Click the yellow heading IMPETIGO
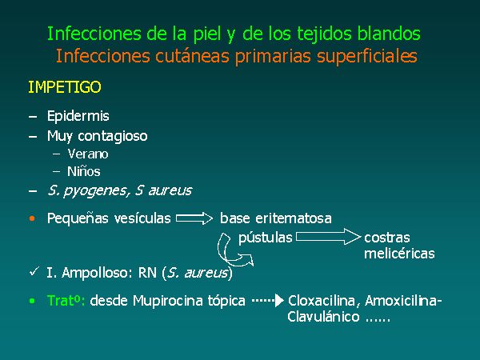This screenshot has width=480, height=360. [65, 87]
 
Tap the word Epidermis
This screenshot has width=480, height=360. [78, 116]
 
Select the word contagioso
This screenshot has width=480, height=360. [112, 136]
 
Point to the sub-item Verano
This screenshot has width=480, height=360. [88, 154]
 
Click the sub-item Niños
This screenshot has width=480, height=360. [84, 171]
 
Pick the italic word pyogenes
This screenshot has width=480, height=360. [94, 191]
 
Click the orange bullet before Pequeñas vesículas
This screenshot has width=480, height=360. [32, 218]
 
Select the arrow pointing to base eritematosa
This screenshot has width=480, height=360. [194, 218]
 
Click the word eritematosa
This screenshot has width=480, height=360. [294, 218]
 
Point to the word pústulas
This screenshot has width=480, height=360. [266, 238]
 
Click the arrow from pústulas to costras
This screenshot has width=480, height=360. [328, 237]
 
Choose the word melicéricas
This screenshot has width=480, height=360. [399, 254]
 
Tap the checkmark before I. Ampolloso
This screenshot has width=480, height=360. [34, 271]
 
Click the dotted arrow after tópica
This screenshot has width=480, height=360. [267, 301]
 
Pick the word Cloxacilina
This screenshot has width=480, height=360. [322, 301]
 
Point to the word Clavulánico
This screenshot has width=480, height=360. [323, 317]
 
